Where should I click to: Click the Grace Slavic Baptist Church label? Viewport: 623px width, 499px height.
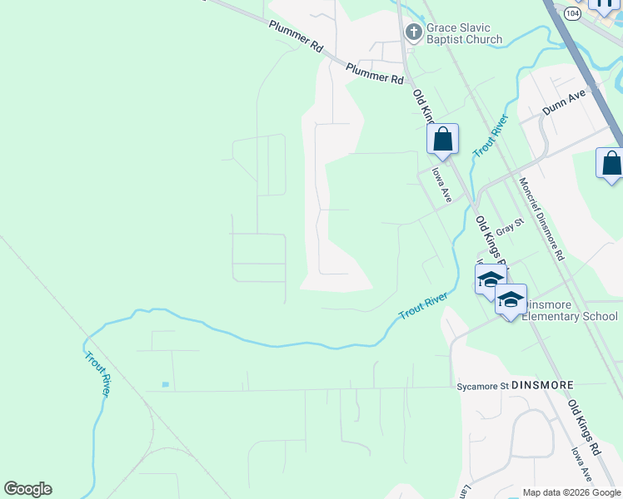tap(464, 33)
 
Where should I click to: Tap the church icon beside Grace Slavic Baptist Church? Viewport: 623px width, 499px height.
tap(412, 32)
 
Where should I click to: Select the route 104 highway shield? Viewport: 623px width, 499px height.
tap(571, 14)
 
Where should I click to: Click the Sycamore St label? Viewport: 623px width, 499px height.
tap(481, 387)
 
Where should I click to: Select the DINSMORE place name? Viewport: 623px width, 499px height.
tap(542, 386)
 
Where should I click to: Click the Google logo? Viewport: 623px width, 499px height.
tap(27, 489)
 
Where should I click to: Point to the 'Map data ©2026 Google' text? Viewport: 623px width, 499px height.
tap(571, 492)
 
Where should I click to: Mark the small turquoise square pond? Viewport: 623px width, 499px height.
tap(165, 384)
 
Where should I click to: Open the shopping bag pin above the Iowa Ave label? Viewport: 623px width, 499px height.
tap(442, 140)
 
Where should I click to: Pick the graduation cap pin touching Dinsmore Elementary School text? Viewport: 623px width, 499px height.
tap(511, 300)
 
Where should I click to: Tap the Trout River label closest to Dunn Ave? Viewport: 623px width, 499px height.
tap(491, 136)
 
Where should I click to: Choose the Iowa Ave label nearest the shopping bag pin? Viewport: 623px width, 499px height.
tap(441, 185)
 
